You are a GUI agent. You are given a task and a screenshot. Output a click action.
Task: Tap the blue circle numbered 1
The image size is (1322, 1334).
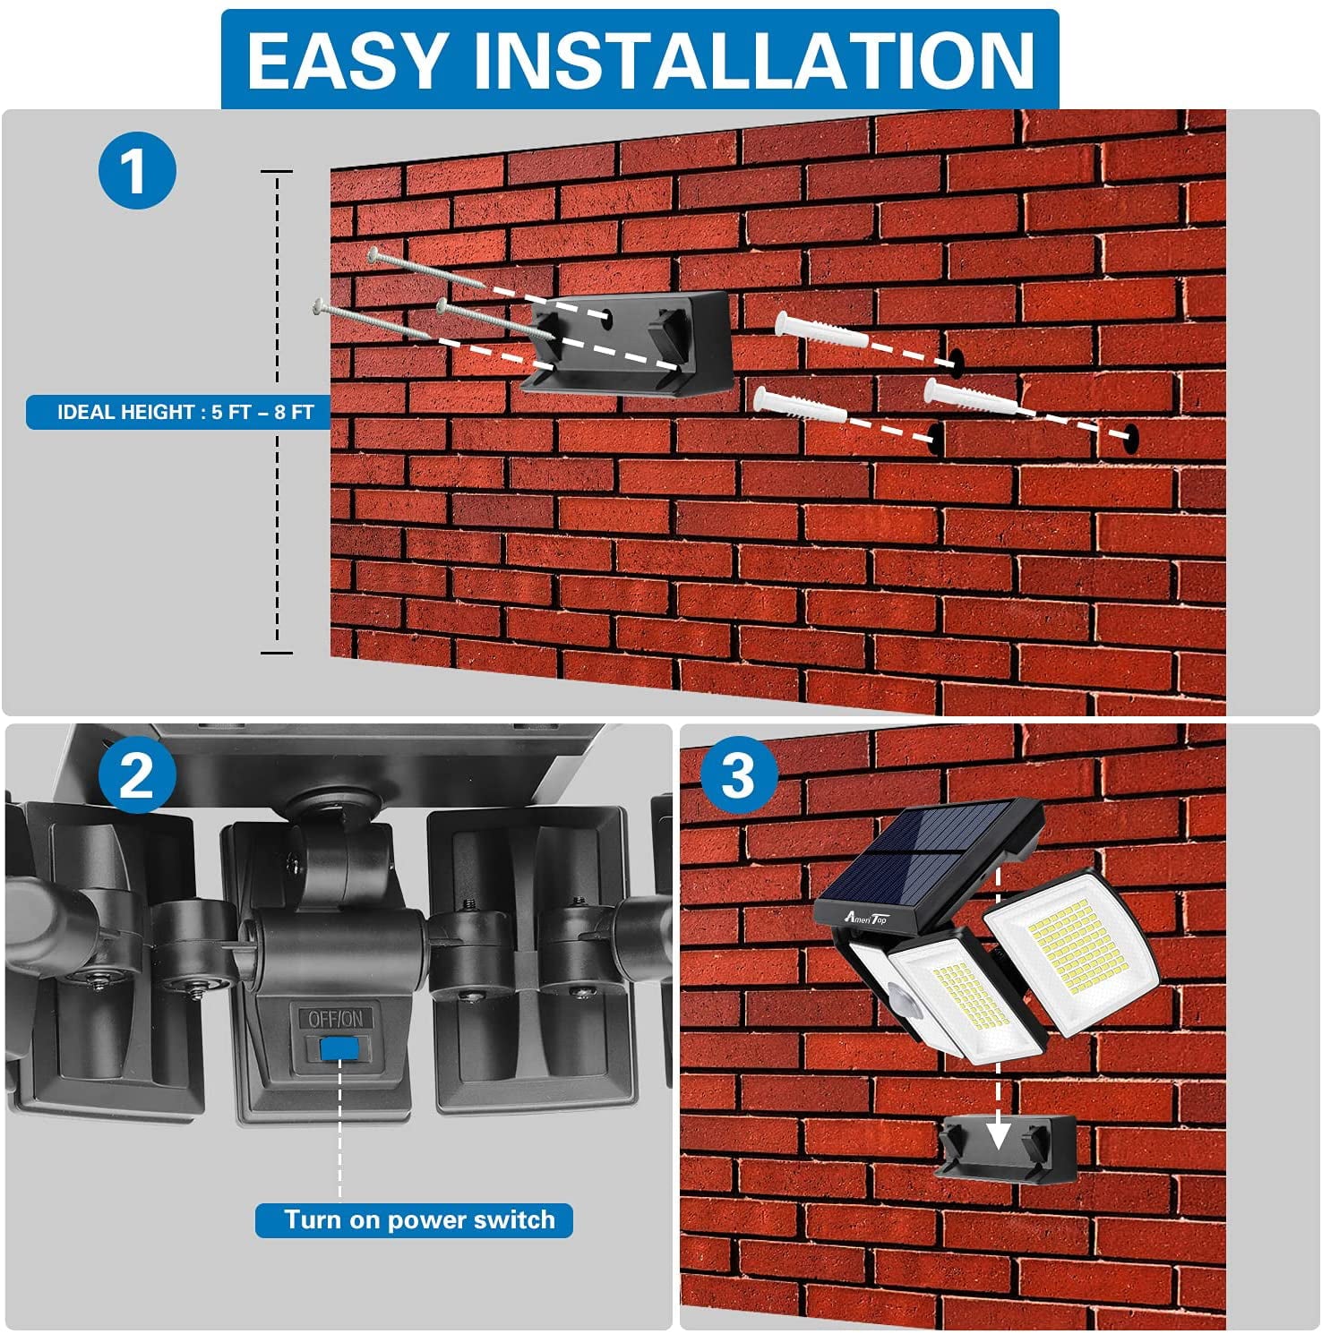pos(137,170)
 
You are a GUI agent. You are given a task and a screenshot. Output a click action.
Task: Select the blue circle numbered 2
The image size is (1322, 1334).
pos(137,775)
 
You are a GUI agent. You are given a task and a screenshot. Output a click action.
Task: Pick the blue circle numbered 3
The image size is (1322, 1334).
pos(738,775)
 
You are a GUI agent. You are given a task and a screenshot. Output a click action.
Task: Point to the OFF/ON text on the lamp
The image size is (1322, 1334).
pos(336,1019)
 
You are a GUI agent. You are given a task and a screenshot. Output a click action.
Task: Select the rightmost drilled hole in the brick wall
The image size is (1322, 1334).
pos(1131,436)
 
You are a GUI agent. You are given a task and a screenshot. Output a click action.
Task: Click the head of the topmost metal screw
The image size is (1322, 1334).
pos(373,255)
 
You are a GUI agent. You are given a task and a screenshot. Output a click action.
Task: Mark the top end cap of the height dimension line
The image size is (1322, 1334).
pos(277,170)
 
